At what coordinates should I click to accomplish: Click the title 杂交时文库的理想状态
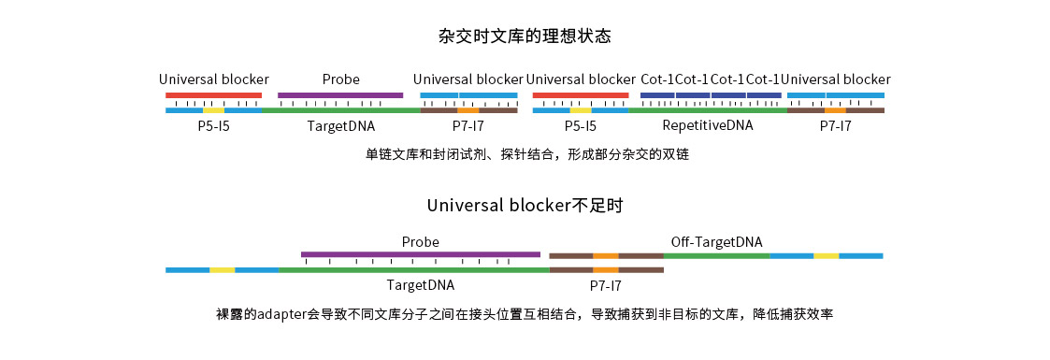click(525, 37)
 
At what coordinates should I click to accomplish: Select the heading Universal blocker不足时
click(525, 205)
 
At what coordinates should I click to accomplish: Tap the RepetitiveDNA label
click(707, 125)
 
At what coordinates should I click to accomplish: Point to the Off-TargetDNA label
click(716, 242)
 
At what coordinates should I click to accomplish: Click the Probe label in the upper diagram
click(340, 79)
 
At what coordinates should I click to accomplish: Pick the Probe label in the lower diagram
click(420, 242)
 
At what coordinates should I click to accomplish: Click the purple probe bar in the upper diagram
click(340, 94)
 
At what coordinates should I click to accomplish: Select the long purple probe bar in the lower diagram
click(420, 253)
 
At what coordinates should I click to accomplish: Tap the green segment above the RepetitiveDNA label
click(707, 110)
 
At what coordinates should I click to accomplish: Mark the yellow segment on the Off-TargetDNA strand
click(826, 255)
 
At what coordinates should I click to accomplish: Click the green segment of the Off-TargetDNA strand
click(716, 255)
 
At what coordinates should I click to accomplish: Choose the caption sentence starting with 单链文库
click(526, 154)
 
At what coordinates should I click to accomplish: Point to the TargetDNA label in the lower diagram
click(420, 284)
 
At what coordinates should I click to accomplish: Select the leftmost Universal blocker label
click(213, 79)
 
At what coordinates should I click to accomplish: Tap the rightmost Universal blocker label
click(835, 79)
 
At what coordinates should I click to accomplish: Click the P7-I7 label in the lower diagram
click(605, 284)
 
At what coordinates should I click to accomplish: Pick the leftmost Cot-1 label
click(657, 79)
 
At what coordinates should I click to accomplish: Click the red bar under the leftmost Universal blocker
click(213, 94)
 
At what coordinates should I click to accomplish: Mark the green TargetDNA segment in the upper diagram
click(340, 110)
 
